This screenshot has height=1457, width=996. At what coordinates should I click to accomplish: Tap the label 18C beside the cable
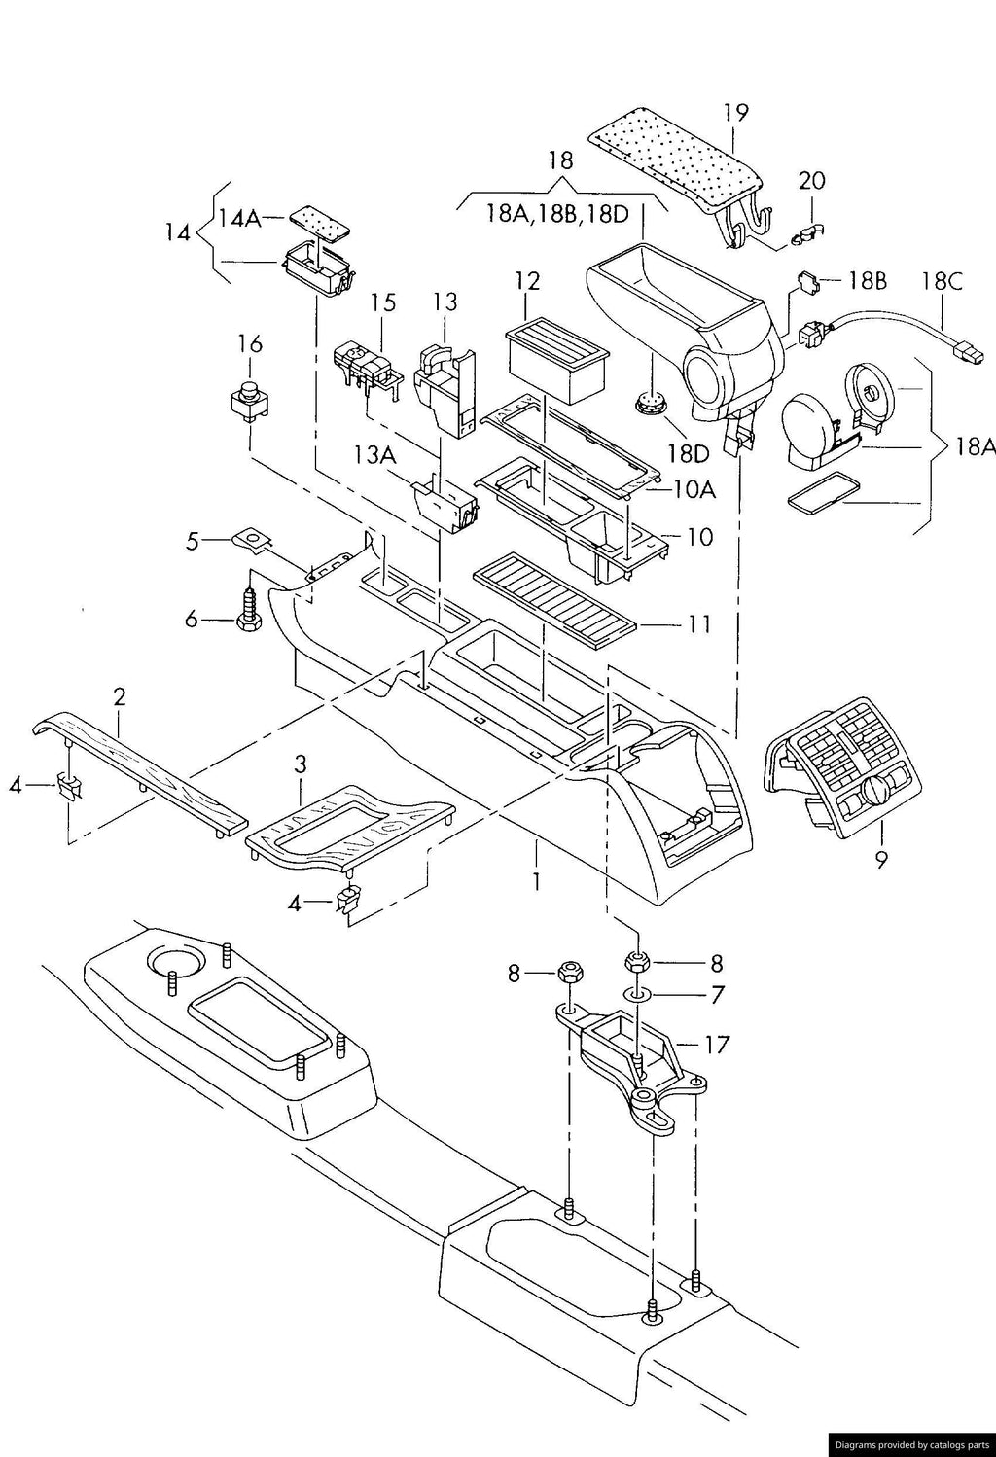pyautogui.click(x=942, y=282)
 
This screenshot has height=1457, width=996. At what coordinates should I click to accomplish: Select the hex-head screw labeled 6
pyautogui.click(x=249, y=602)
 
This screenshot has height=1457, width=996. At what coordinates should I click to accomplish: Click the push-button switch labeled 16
pyautogui.click(x=251, y=402)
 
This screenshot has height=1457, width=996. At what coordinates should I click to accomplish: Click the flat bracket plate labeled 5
pyautogui.click(x=251, y=539)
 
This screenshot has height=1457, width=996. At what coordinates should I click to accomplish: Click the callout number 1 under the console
pyautogui.click(x=536, y=882)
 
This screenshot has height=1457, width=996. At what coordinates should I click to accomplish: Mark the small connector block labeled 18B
pyautogui.click(x=808, y=283)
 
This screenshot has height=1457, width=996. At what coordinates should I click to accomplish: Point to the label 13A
pyautogui.click(x=375, y=455)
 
